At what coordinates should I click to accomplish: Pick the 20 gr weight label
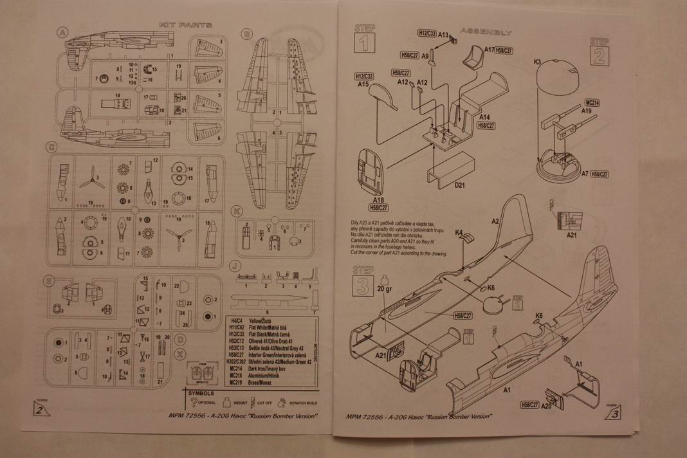[385, 288]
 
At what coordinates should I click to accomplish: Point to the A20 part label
[548, 406]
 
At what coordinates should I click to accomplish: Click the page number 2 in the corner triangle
[41, 412]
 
